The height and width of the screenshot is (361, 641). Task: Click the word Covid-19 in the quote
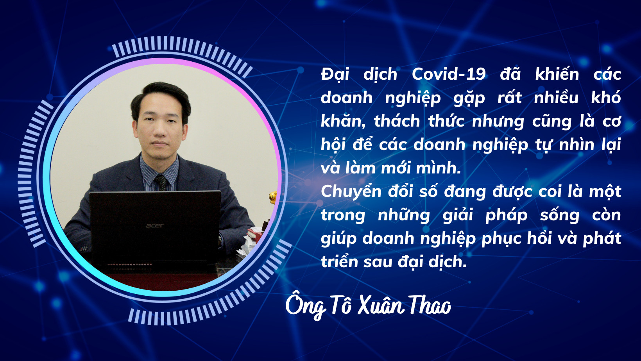449,74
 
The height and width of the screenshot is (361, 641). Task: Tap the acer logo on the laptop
155,226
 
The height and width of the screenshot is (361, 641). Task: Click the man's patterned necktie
161,182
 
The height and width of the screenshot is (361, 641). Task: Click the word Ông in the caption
305,306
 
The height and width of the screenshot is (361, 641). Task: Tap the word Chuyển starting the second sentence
351,192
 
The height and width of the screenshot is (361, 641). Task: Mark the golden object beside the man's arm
273,197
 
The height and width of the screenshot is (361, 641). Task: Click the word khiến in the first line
557,74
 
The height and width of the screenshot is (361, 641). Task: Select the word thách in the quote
397,121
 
